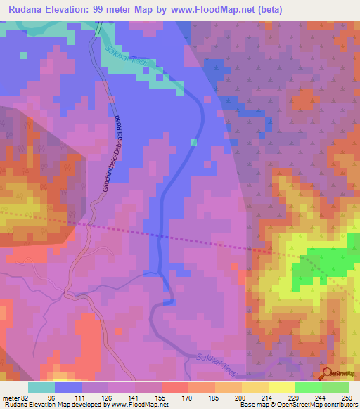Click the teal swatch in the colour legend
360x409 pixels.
(41, 387)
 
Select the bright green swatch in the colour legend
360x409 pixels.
(308, 387)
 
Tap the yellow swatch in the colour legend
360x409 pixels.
(281, 387)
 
